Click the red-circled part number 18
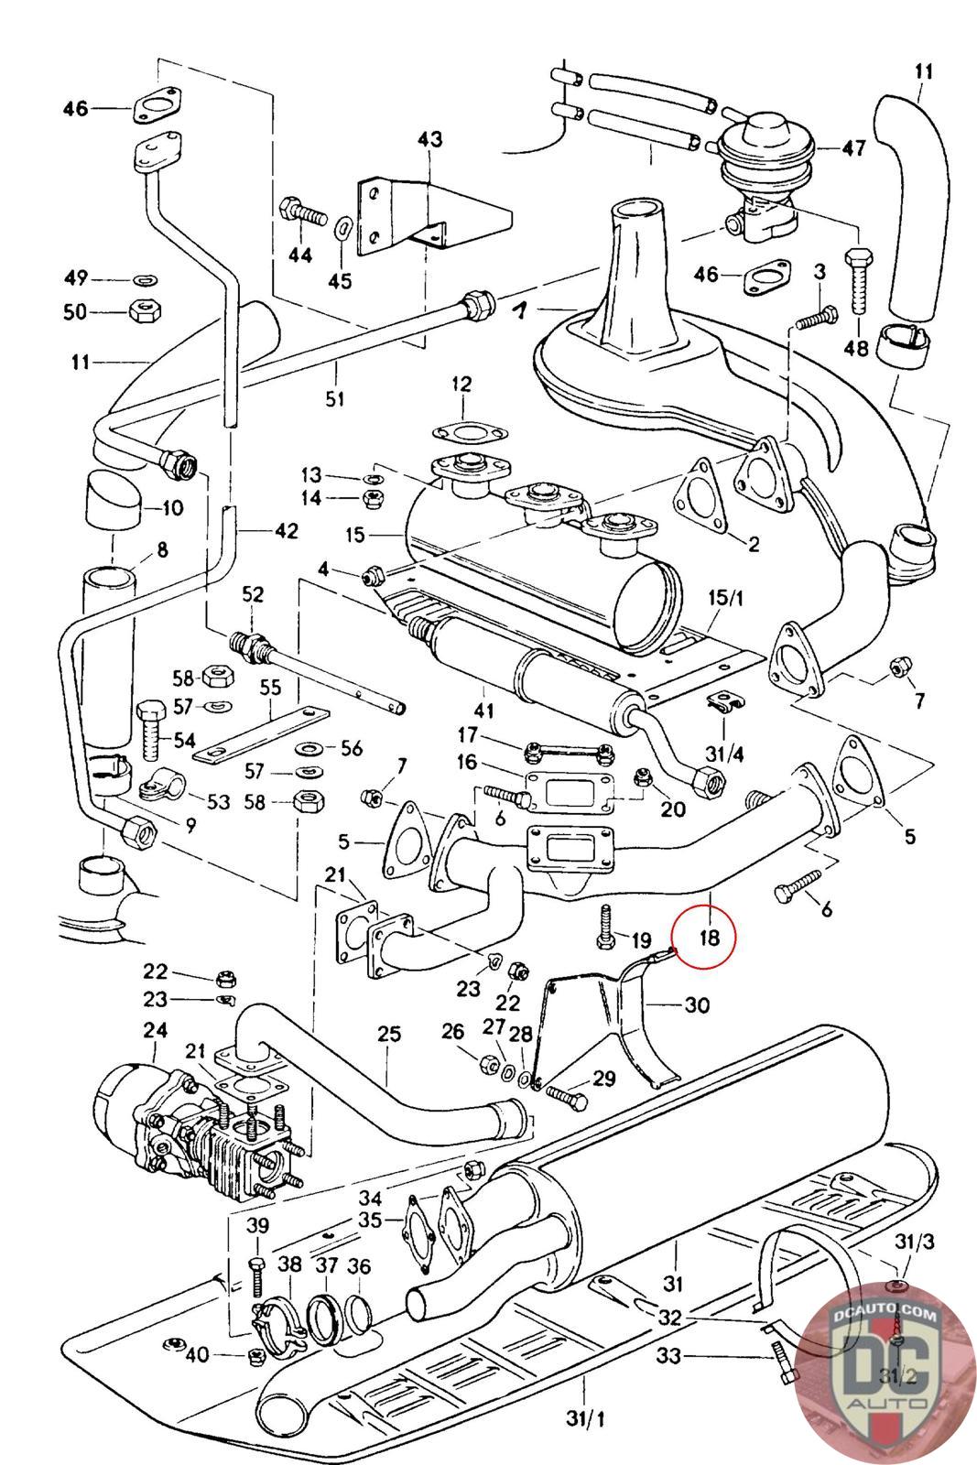(x=710, y=937)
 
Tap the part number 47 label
(x=853, y=148)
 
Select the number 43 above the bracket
(x=429, y=139)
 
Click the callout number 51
(x=336, y=397)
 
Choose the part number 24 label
(x=154, y=1031)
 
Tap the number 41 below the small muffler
(x=484, y=710)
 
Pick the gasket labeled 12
(x=461, y=432)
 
